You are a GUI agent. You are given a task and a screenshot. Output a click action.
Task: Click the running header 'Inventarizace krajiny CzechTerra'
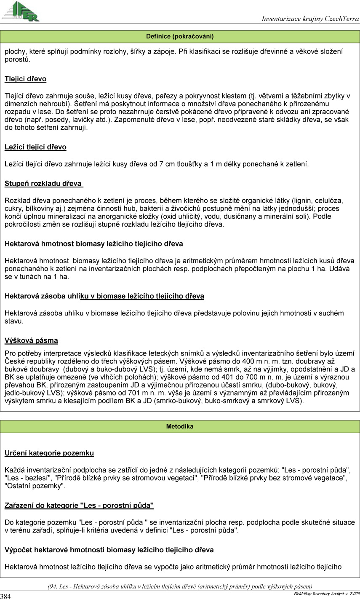pyautogui.click(x=310, y=19)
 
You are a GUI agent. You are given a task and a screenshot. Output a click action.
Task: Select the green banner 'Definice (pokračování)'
pyautogui.click(x=180, y=36)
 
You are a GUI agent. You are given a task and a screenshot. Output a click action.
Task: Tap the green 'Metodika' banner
pyautogui.click(x=180, y=426)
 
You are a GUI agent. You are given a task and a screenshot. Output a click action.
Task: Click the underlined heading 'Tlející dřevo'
pyautogui.click(x=25, y=79)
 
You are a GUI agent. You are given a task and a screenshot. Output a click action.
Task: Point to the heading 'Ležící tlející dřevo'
pyautogui.click(x=35, y=147)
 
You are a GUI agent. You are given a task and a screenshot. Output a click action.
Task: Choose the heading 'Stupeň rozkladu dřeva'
pyautogui.click(x=43, y=184)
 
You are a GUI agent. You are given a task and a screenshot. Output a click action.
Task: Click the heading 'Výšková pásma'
pyautogui.click(x=31, y=340)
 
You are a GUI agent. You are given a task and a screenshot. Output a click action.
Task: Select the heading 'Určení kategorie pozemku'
pyautogui.click(x=49, y=453)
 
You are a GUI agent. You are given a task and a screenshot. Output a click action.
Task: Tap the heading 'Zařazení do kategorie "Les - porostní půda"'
pyautogui.click(x=79, y=505)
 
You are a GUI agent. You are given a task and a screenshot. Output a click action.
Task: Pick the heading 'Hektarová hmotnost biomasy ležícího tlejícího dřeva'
pyautogui.click(x=93, y=243)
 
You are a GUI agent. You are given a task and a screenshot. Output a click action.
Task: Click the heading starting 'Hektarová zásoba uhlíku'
pyautogui.click(x=104, y=296)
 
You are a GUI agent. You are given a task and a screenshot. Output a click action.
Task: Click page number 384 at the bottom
pyautogui.click(x=6, y=596)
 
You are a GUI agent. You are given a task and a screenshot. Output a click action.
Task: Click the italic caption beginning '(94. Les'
pyautogui.click(x=180, y=586)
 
